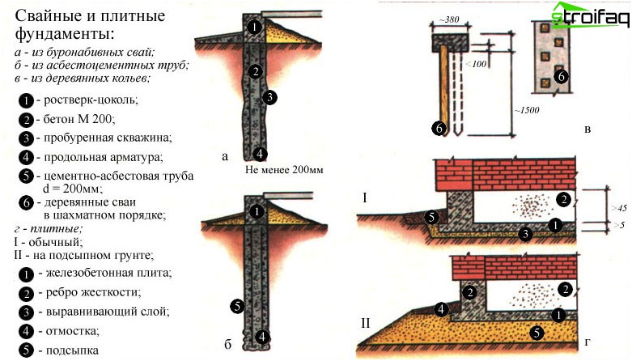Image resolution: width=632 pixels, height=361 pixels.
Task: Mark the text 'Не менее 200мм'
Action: (x=278, y=172)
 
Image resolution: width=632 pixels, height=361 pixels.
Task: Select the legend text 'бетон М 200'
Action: (x=78, y=119)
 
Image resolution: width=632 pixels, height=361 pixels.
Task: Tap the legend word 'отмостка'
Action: (x=71, y=330)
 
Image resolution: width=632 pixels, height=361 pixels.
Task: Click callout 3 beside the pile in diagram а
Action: (x=269, y=97)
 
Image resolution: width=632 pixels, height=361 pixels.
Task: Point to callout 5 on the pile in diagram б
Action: (x=236, y=306)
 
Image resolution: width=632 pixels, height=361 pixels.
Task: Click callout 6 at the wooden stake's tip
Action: (x=439, y=127)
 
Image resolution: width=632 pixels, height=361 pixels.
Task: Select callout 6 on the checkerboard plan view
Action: (x=562, y=77)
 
